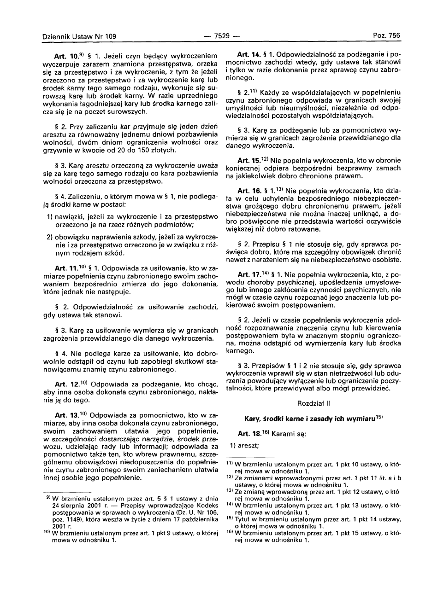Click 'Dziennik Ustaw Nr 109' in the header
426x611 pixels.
pyautogui.click(x=79, y=36)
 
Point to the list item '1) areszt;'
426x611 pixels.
pyautogui.click(x=244, y=445)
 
